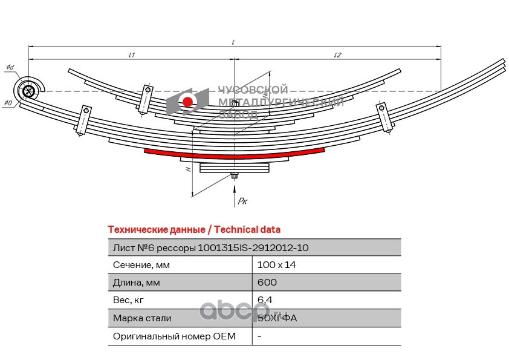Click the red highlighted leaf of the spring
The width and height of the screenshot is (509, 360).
[x=235, y=155]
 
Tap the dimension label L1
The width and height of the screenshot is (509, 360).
[x=132, y=55]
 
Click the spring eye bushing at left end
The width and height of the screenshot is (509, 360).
[x=28, y=91]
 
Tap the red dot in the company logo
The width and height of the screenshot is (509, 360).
[x=188, y=102]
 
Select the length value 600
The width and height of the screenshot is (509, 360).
[x=267, y=283]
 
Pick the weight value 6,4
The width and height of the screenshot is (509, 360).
[x=265, y=300]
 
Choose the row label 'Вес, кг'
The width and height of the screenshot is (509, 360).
[x=129, y=300]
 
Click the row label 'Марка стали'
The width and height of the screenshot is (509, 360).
[x=141, y=318]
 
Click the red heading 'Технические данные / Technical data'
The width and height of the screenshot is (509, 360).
[x=193, y=230]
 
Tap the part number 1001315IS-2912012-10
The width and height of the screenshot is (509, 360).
[x=253, y=247]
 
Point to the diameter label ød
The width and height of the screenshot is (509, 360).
[x=10, y=67]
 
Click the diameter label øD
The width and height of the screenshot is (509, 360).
[x=8, y=103]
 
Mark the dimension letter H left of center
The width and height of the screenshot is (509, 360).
[x=189, y=170]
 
